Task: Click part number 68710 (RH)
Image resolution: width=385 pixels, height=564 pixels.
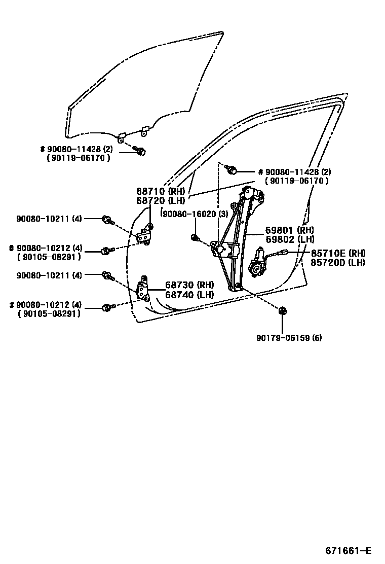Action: coord(161,191)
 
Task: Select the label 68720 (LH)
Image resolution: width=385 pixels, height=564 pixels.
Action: coord(161,200)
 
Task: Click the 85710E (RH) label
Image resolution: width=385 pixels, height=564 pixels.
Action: coord(338,253)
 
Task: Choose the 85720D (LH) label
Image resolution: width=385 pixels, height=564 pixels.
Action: coord(338,262)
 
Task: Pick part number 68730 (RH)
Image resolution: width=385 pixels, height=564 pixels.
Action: coord(189,285)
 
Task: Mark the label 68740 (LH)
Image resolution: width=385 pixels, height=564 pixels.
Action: coord(189,294)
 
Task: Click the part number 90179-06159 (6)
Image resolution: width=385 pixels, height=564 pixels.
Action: coord(289,338)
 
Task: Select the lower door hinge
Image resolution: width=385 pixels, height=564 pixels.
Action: coord(143,290)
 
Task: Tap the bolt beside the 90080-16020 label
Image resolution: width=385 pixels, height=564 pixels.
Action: coord(195,237)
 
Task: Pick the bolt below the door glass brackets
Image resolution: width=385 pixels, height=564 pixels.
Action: coord(141,151)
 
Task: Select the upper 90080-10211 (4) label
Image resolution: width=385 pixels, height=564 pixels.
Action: coord(49,219)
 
